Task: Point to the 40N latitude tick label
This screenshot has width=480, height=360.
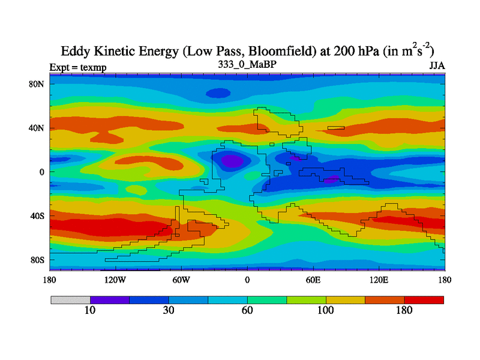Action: pos(37,128)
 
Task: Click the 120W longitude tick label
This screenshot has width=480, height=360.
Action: pos(115,280)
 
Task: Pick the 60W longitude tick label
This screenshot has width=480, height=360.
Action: pos(181,280)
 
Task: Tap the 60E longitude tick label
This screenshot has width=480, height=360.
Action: pos(313,280)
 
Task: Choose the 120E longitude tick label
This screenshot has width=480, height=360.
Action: pos(379,280)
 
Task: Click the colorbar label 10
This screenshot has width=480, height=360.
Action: pos(89,310)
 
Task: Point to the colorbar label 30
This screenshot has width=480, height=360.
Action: pos(169,310)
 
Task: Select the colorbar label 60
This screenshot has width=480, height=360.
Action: pos(247,310)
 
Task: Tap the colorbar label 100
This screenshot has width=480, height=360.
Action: pos(326,310)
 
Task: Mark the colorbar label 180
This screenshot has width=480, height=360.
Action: pos(404,310)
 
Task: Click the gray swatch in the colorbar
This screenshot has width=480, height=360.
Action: pos(70,299)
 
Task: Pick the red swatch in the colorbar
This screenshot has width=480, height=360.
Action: pos(424,299)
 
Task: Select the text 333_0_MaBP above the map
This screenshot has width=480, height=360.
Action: pos(247,64)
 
